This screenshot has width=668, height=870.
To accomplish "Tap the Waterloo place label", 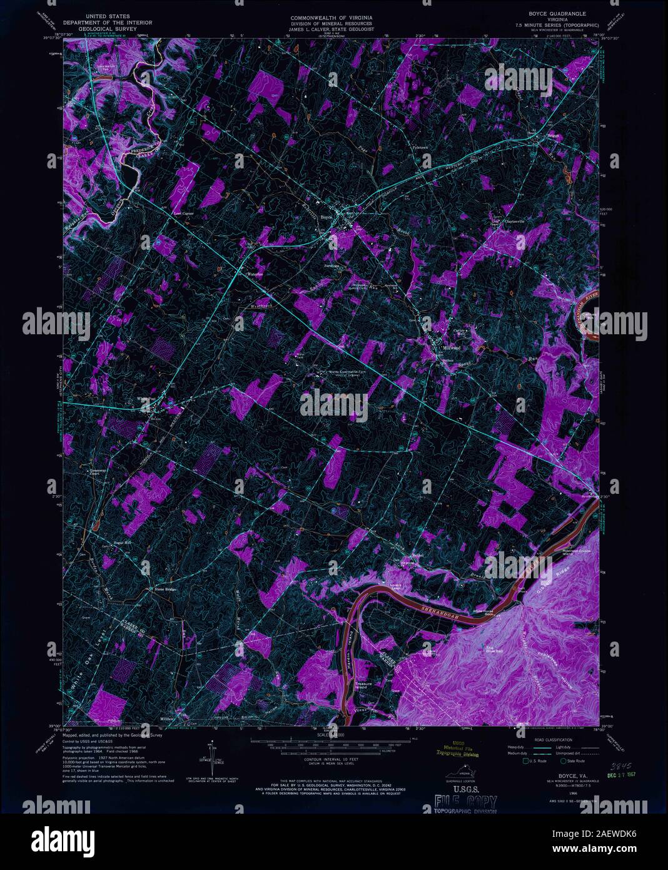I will [253, 274].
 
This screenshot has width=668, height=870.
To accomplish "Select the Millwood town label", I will [451, 348].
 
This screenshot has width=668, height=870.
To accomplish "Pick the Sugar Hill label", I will [122, 542].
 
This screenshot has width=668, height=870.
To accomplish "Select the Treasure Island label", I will [364, 686].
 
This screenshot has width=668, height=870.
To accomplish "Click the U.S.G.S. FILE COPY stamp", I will [465, 802].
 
